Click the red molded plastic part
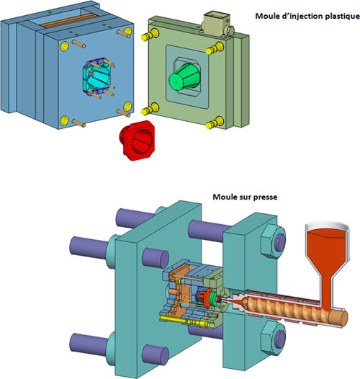pos(138,141)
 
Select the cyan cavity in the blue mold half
pos(96,77)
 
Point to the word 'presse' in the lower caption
pos(266,197)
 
